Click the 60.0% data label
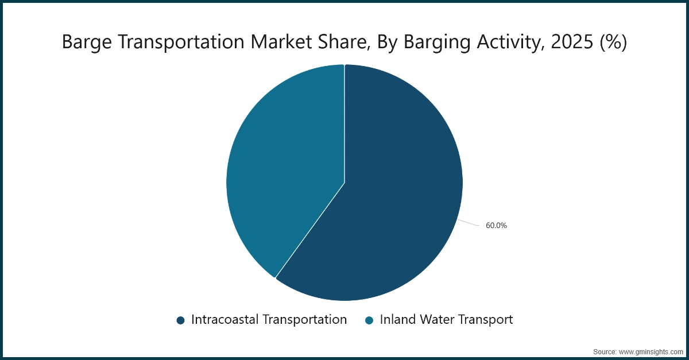pos(496,226)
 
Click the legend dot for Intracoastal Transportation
pos(180,320)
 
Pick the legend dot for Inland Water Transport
pos(369,320)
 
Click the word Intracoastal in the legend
pos(224,320)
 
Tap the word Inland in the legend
pos(397,320)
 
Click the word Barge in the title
pos(82,42)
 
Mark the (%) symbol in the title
pos(613,42)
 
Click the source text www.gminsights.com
pos(650,351)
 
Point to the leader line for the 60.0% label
pos(469,223)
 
